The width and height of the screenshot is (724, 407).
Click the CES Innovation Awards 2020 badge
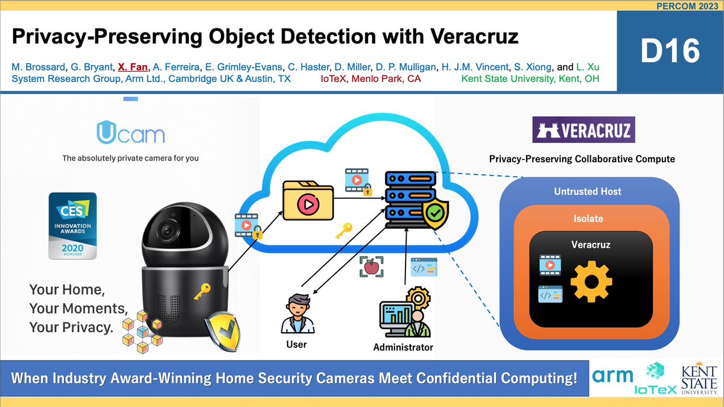tap(72, 225)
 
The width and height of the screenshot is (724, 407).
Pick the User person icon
tap(296, 312)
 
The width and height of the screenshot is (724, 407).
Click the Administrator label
tap(403, 347)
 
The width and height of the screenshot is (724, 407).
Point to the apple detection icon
tap(371, 266)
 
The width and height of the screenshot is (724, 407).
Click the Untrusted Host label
tap(587, 191)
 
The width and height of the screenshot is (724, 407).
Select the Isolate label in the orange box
tap(588, 218)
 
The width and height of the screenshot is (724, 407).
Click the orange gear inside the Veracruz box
tap(591, 282)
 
